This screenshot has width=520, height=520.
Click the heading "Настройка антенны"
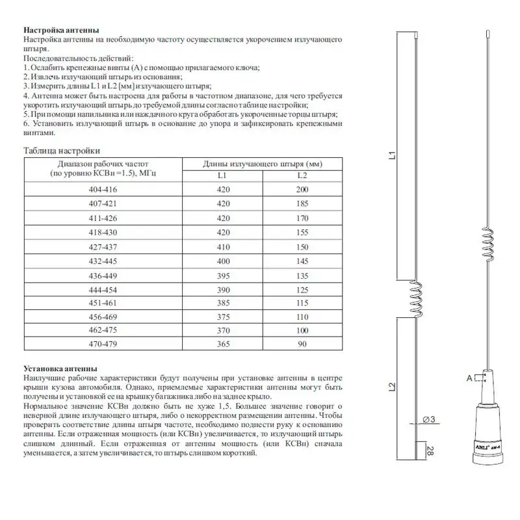tap(61, 30)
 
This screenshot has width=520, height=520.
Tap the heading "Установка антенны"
tap(60, 368)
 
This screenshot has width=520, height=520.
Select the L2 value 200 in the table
tap(302, 190)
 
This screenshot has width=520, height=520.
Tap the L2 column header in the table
tap(302, 175)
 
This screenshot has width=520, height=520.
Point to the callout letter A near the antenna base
tap(468, 378)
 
